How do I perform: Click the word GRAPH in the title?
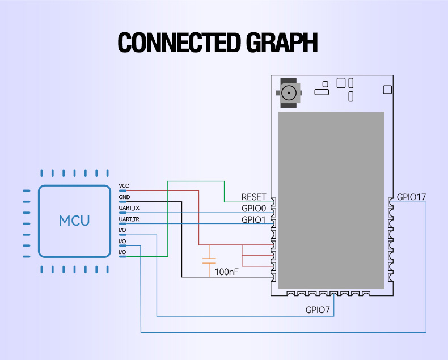(282, 43)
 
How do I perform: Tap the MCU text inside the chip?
(74, 220)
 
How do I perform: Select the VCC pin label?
(124, 186)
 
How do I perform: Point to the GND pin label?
(124, 197)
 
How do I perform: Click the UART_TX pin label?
(129, 208)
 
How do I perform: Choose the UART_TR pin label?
(129, 219)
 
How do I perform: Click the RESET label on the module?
(253, 197)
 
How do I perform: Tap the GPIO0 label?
(253, 209)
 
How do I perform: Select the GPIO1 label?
(253, 219)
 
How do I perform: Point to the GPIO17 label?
(411, 197)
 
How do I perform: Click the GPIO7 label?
(318, 310)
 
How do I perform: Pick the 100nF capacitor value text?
(227, 272)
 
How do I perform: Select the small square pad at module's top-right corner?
(387, 89)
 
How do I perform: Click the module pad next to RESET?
(273, 201)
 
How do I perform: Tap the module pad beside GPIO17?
(390, 201)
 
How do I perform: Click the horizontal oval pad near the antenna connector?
(321, 90)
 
